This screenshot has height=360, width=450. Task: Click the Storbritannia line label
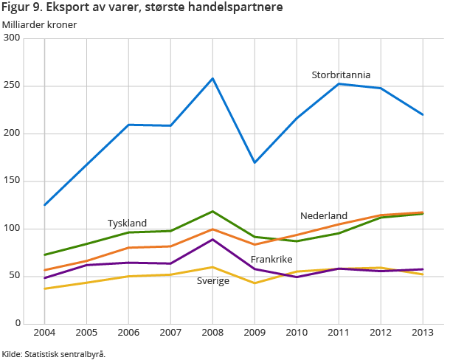(341, 75)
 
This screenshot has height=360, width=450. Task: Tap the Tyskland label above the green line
(127, 223)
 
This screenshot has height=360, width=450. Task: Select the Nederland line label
(323, 215)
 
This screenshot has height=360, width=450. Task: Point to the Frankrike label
(271, 260)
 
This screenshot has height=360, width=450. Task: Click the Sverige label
(212, 281)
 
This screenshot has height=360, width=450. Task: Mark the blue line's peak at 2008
(212, 78)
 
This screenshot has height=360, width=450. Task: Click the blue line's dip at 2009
(255, 162)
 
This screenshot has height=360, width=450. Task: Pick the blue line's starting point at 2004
(45, 205)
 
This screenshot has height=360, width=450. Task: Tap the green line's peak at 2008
(212, 211)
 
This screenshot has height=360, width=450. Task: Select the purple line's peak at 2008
(212, 239)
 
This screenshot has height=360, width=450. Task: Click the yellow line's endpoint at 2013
(423, 274)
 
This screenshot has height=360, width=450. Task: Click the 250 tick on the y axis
(12, 86)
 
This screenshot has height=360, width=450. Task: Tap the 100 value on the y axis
(12, 229)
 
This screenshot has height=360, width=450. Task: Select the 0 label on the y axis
(17, 324)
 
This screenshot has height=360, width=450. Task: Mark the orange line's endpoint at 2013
(423, 212)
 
